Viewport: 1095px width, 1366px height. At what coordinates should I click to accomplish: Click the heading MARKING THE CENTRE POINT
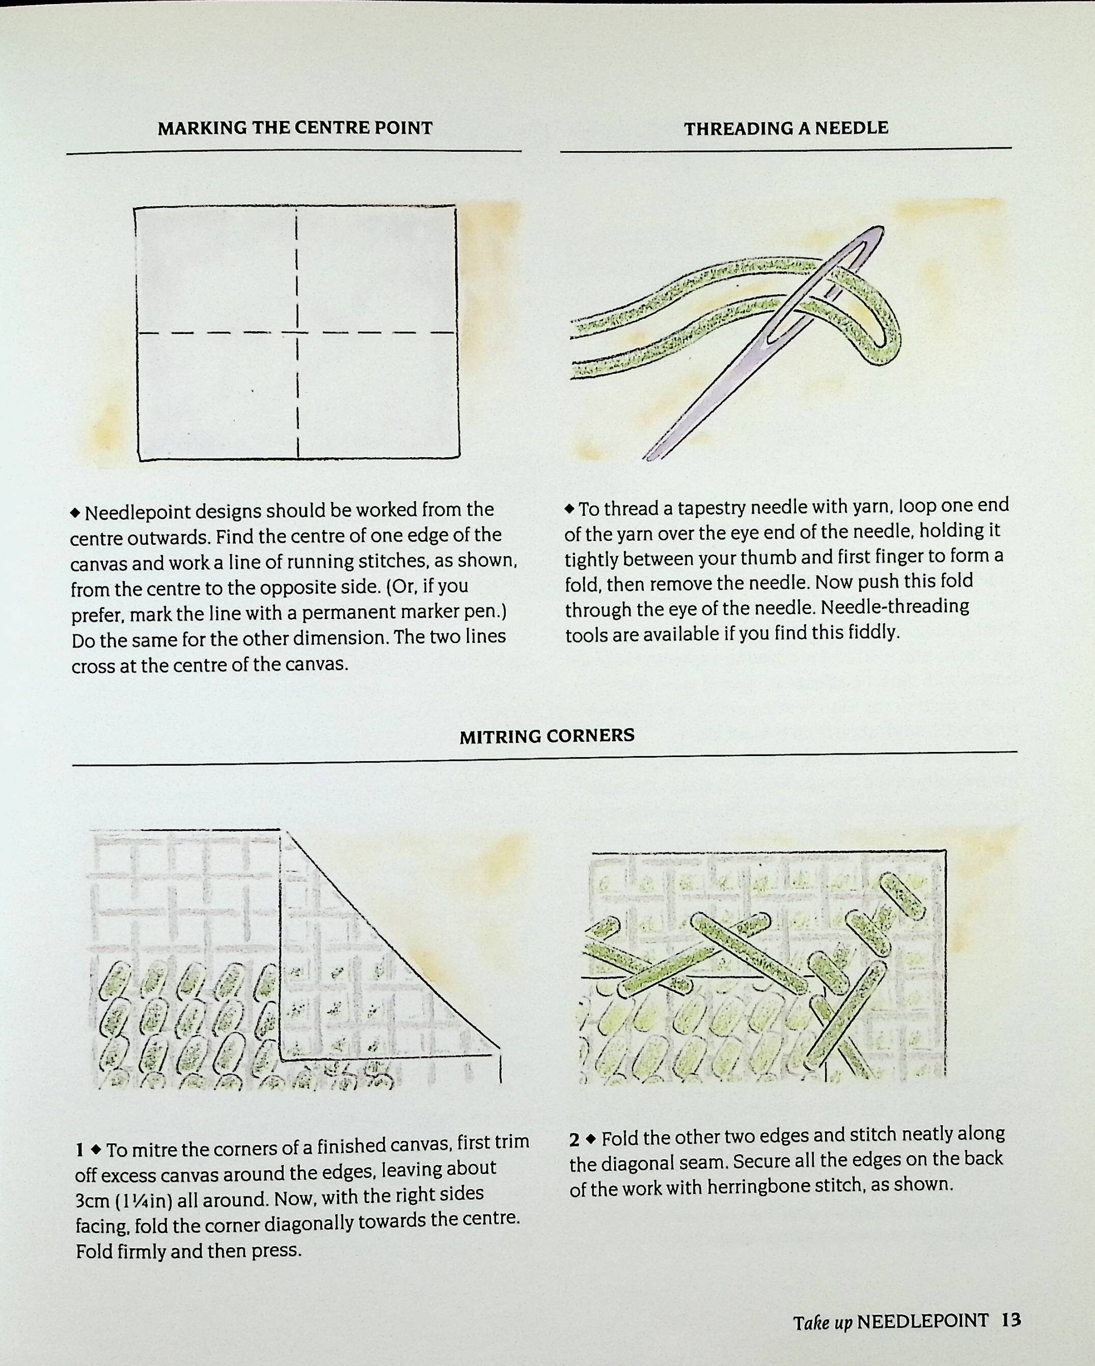tap(295, 128)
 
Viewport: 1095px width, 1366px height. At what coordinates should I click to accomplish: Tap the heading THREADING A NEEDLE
tap(786, 129)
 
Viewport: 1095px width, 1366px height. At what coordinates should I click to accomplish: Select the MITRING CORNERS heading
tap(547, 736)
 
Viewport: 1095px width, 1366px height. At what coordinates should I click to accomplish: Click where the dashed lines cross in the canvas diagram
tap(297, 332)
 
